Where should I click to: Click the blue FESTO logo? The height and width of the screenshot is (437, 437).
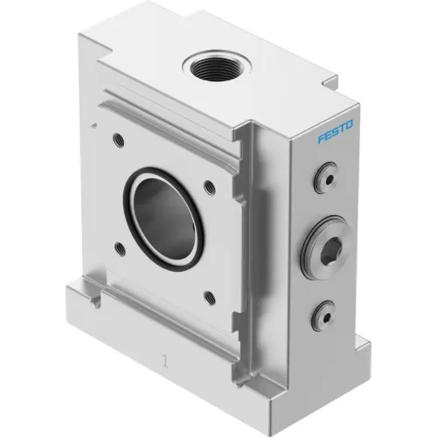336,131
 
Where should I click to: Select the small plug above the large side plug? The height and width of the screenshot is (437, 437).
326,178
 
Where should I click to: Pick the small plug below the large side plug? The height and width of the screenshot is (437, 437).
323,316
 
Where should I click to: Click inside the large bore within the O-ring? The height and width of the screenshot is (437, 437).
164,218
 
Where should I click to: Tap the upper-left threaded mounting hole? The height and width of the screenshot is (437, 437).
119,139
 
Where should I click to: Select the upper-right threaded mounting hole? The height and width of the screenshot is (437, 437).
210,187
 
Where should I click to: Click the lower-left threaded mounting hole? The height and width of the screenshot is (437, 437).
120,249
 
